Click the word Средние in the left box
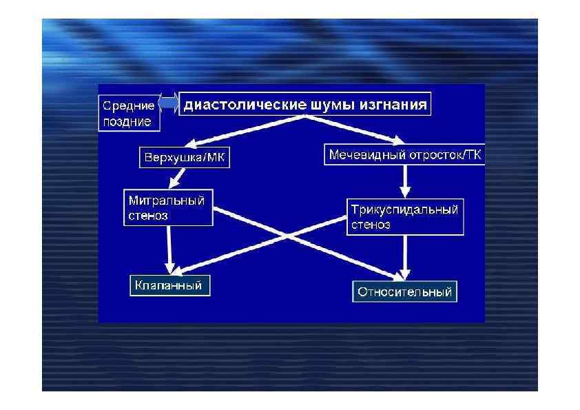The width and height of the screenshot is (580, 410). click(128, 106)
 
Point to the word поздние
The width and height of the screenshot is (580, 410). click(127, 121)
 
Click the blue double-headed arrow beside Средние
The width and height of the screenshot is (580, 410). click(169, 104)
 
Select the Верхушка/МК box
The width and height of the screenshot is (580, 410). click(185, 158)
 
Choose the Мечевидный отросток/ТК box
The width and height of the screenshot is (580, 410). click(405, 155)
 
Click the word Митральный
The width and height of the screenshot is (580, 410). click(167, 201)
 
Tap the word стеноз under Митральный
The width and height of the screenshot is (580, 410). click(148, 215)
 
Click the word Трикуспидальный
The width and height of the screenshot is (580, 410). click(404, 209)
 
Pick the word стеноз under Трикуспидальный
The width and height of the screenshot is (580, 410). click(371, 224)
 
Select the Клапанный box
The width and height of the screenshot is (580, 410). click(169, 285)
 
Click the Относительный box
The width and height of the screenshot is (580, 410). click(404, 291)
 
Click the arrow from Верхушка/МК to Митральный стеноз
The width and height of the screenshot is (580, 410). click(178, 177)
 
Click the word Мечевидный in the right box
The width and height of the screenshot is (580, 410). click(363, 155)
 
